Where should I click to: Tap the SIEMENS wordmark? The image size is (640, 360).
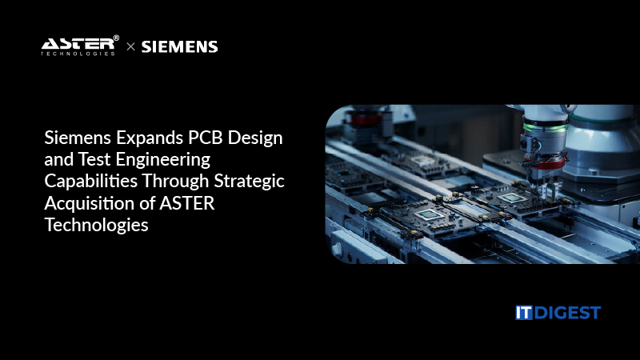click(179, 46)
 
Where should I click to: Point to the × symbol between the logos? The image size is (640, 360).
click(130, 47)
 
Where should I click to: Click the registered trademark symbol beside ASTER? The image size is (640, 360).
click(116, 38)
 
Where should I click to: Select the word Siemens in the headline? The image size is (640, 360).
click(75, 137)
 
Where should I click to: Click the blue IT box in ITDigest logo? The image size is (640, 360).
click(524, 312)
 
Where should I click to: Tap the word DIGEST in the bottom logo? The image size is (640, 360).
click(566, 312)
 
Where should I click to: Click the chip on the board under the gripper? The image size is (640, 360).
click(510, 197)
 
